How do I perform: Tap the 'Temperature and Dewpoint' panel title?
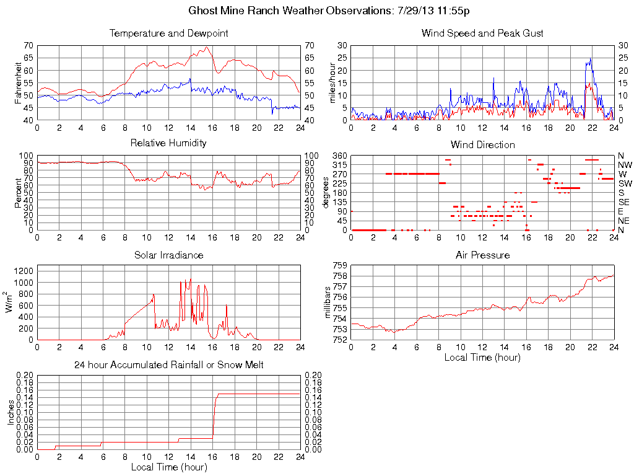[168, 33]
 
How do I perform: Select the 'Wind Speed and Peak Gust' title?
[482, 33]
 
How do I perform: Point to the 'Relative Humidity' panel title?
[168, 143]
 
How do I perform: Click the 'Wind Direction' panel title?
[482, 144]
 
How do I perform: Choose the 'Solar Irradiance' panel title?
[168, 255]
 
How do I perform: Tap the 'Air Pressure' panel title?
[482, 255]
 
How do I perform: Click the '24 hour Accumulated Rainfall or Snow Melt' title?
[168, 364]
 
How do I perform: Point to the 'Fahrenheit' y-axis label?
[19, 82]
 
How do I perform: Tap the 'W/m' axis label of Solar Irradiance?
[10, 302]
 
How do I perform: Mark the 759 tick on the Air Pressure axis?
[340, 265]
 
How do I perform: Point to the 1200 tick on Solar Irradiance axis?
[23, 270]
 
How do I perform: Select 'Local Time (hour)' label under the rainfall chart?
[168, 466]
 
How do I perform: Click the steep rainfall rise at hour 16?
[214, 415]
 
